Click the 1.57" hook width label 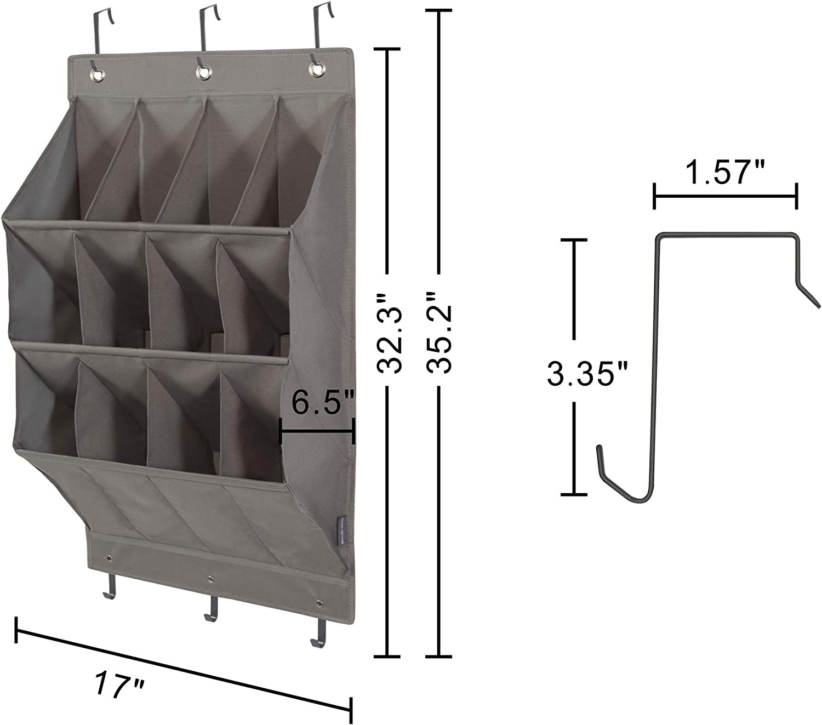(725, 174)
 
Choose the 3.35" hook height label (587, 375)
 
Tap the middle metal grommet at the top (204, 72)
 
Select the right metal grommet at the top (316, 69)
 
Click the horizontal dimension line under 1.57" (725, 196)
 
